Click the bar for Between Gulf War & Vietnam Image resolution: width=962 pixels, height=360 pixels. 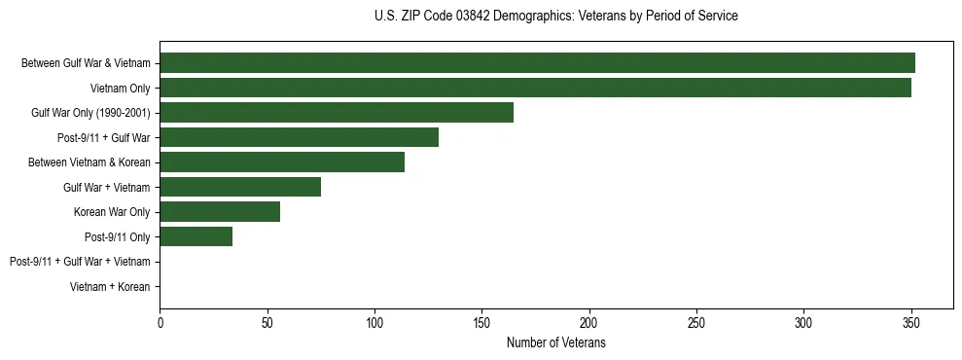pos(537,63)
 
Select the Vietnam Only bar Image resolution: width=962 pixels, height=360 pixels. pos(535,88)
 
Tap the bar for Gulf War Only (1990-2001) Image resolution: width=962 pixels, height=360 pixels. pos(337,113)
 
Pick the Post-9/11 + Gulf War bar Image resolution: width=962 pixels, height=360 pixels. pos(299,137)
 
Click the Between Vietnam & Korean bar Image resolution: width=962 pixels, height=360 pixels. pos(282,162)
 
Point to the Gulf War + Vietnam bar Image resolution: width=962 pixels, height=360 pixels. pos(240,187)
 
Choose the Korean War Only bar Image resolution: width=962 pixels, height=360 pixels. pos(220,212)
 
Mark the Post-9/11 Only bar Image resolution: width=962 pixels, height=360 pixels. pos(196,236)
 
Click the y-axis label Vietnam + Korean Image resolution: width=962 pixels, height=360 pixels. pos(110,287)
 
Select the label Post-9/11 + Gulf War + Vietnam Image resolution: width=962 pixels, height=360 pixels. pos(80,262)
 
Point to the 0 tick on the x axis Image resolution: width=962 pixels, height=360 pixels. pos(160,322)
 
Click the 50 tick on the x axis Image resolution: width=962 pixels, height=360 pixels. pos(267,322)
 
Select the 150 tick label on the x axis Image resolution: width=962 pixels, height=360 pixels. pos(481,322)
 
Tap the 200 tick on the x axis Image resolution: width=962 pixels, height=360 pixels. pos(588,322)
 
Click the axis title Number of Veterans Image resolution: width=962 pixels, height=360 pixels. pos(555,342)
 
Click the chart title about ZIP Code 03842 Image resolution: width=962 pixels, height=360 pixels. pos(555,17)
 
